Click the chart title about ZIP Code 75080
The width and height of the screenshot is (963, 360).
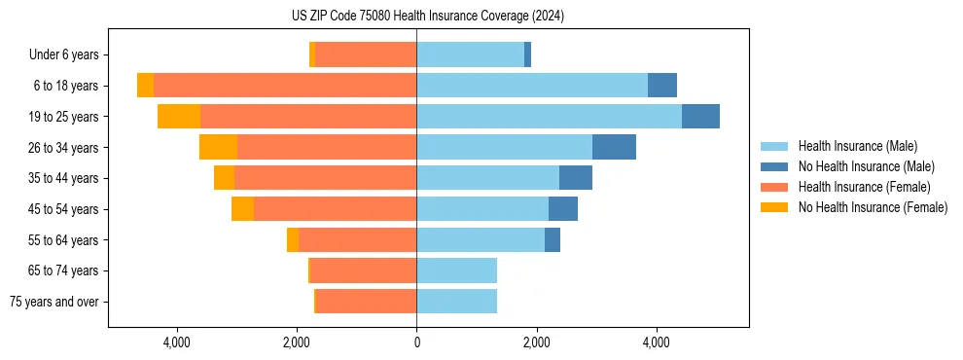[x=428, y=17]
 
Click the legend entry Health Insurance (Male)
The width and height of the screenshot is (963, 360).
[x=857, y=146]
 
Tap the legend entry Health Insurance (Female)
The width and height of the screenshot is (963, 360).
[x=864, y=187]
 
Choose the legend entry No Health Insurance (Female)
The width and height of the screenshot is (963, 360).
[x=873, y=207]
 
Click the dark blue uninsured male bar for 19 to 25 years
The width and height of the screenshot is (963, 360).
[x=700, y=117]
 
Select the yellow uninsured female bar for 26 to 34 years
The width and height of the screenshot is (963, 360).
[x=218, y=147]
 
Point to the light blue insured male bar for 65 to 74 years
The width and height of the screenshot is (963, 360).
[x=456, y=270]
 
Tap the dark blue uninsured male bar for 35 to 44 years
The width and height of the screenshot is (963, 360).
[x=576, y=178]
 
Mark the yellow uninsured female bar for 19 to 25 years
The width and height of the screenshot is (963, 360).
[x=179, y=117]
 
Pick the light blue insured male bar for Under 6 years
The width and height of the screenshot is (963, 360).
[x=470, y=55]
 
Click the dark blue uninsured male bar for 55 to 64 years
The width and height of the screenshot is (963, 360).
[x=553, y=239]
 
